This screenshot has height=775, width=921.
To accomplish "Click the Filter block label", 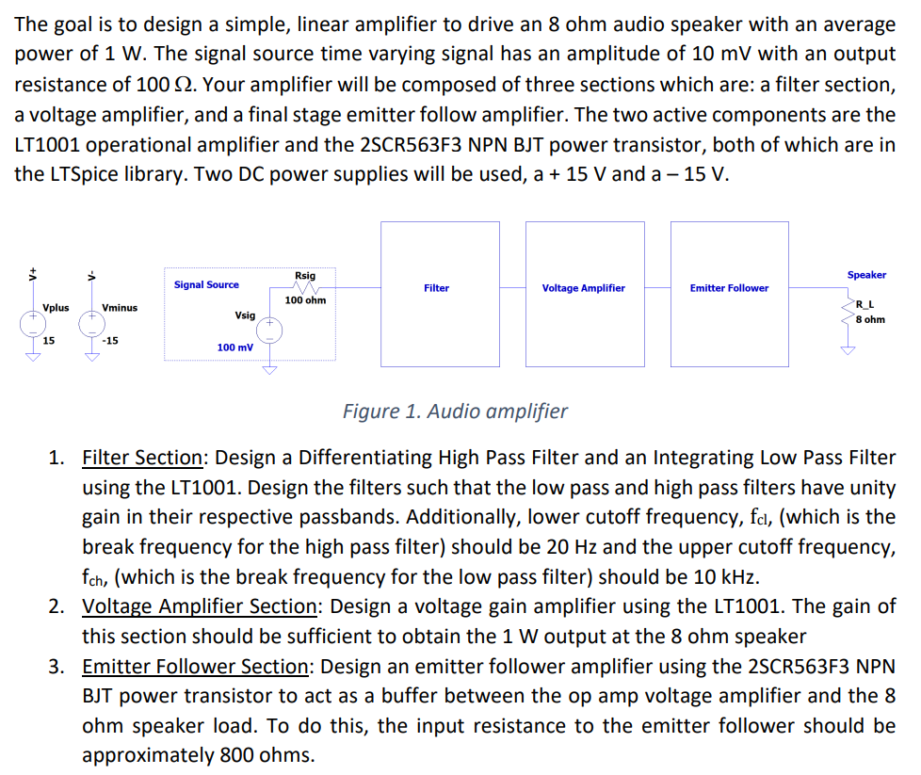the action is (436, 288).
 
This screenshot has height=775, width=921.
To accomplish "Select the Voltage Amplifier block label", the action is (583, 288).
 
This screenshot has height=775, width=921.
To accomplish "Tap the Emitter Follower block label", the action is (729, 288).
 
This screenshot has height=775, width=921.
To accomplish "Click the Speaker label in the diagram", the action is (866, 275).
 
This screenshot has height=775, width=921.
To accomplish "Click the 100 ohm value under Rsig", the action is (305, 300).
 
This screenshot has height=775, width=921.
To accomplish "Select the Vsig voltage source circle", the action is (269, 331).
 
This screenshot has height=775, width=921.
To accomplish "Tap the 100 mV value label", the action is (234, 347).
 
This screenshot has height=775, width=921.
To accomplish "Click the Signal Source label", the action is (206, 284).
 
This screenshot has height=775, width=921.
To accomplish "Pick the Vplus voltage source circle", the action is (33, 324).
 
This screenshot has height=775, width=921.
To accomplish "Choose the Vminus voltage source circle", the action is (92, 324).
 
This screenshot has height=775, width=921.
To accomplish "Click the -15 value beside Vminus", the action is (110, 341).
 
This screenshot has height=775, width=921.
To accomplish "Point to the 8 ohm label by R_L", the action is (870, 319).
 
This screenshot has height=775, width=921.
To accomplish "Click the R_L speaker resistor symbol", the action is (848, 311).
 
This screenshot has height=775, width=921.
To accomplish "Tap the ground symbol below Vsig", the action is (269, 369).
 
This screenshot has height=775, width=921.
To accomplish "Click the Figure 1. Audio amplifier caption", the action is (455, 412).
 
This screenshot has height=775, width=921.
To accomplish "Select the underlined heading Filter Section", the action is (142, 458).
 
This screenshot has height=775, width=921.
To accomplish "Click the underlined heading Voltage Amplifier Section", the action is (199, 606).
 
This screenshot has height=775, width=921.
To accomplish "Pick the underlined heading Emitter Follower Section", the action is (195, 667).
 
